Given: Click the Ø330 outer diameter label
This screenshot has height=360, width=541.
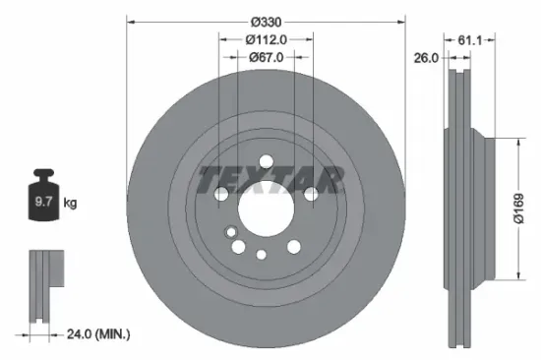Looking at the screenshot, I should pos(267,22).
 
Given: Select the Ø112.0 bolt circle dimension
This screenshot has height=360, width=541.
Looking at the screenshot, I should pos(266,39).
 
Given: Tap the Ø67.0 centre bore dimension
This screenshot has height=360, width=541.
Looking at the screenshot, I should pos(266,57).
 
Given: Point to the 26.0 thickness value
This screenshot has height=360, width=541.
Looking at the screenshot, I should pos(425,57).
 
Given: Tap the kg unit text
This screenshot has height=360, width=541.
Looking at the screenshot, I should pos(70,204).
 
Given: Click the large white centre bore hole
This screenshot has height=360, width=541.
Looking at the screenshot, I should pos(264,209).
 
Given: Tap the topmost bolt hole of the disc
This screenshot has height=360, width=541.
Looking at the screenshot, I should pos(266,163).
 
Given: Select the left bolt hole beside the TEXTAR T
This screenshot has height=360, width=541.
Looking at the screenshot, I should pos(221,195).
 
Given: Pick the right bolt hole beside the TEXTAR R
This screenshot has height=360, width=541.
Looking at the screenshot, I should pos(310,195).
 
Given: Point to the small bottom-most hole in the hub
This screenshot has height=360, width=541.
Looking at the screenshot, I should pos(261,255).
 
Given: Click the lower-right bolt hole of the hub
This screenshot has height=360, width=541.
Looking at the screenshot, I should pos(292,246).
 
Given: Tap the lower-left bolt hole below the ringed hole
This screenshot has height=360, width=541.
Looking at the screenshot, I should pos(237,246).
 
